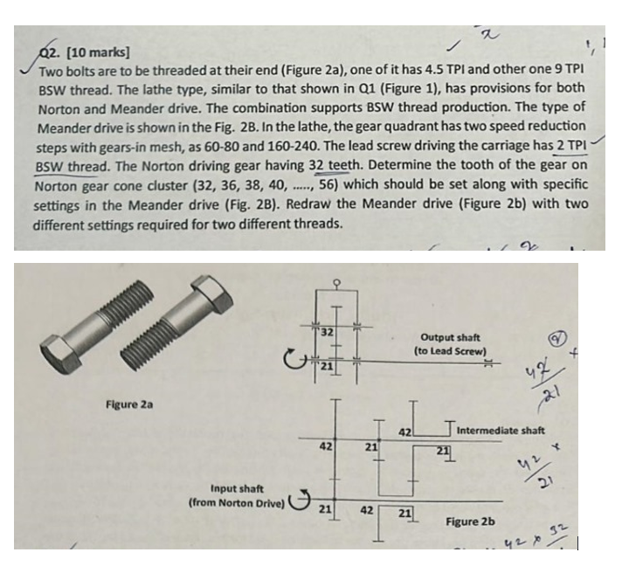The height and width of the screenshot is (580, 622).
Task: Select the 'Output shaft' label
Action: [x=450, y=337]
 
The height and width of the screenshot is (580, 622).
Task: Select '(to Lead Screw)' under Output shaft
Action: [x=450, y=351]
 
